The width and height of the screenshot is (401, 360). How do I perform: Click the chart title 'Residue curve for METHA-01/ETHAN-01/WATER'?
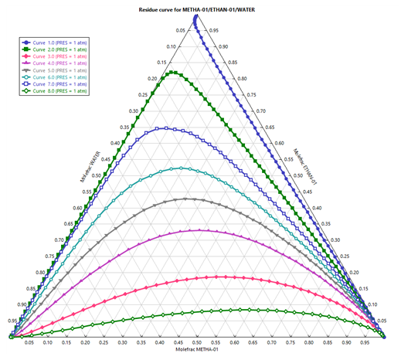200,7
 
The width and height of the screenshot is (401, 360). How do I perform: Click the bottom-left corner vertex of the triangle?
9,338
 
